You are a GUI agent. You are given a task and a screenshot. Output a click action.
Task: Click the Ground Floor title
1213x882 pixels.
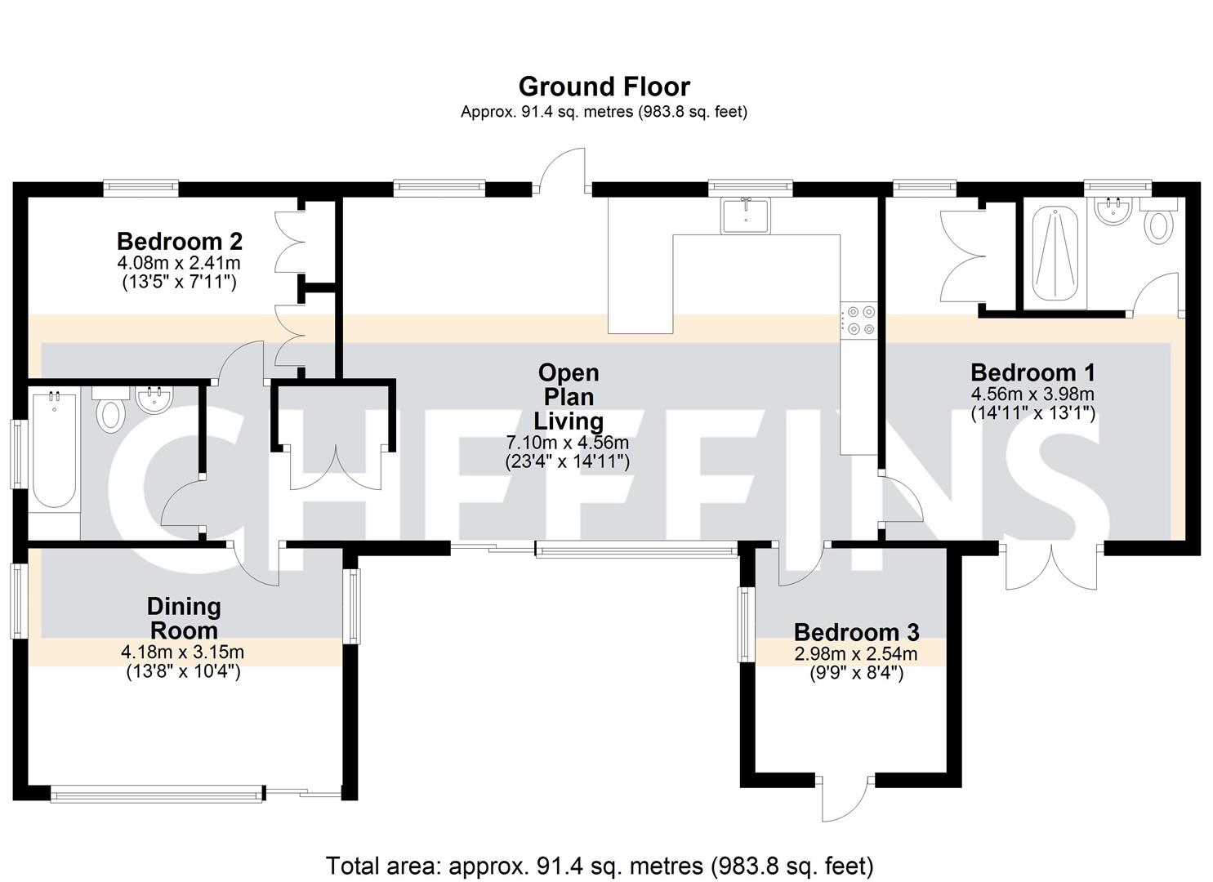tap(604, 86)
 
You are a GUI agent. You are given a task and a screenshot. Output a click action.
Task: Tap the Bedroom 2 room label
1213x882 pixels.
tap(179, 242)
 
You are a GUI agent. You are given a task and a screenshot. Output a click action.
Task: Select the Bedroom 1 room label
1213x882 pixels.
tap(1032, 372)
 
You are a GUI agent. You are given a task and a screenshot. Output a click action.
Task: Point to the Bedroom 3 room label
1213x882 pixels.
tap(856, 632)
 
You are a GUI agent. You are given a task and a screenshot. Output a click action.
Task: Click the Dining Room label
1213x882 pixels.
tap(183, 618)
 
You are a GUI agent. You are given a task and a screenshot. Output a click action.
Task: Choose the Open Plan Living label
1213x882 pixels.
tap(569, 397)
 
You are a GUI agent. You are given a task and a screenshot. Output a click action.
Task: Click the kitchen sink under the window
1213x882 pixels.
tap(745, 215)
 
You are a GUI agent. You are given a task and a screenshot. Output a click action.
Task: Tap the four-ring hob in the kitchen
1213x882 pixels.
tap(858, 319)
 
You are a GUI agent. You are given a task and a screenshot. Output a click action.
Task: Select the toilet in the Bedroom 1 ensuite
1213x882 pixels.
tap(1158, 224)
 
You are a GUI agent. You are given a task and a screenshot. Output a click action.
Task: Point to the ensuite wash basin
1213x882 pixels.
tap(1111, 211)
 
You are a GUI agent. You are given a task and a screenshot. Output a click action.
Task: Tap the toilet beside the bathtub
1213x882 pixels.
tap(110, 412)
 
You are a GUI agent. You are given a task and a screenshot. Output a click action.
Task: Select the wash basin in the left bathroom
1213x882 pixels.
tap(154, 399)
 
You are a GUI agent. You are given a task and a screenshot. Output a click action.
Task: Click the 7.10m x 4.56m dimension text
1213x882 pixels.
tap(568, 443)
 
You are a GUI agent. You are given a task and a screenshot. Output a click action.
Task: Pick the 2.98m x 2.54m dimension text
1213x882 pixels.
tap(856, 654)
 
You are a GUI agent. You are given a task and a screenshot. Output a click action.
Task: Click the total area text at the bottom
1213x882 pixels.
tap(600, 865)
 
